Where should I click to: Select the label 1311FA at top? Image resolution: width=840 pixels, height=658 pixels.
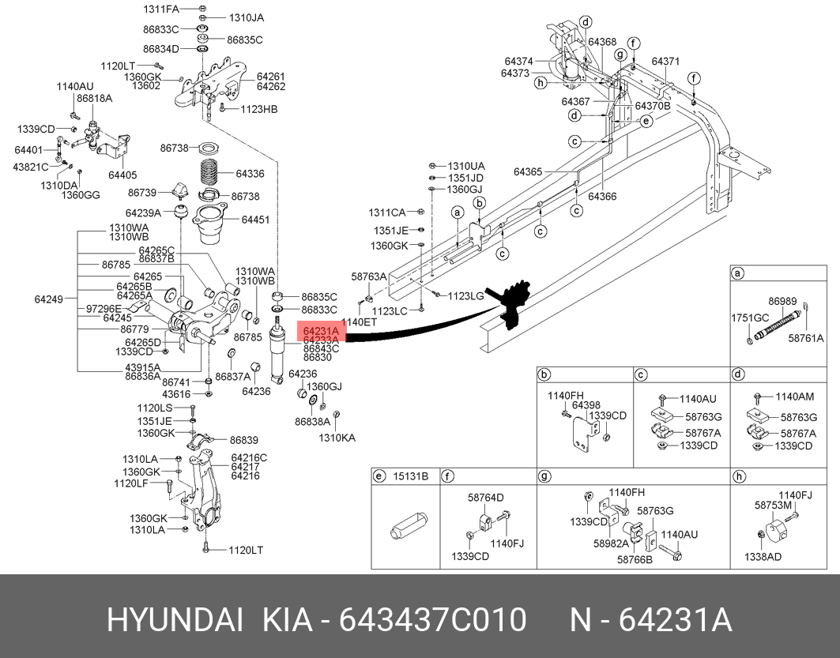click(x=161, y=9)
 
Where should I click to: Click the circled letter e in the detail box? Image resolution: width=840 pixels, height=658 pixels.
click(x=379, y=476)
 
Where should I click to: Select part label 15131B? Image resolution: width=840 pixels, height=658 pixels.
click(x=411, y=476)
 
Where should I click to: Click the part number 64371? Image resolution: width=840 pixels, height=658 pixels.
click(x=665, y=61)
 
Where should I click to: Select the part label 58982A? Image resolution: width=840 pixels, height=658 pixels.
click(x=612, y=543)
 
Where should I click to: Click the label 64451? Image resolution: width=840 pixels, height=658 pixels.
click(x=255, y=220)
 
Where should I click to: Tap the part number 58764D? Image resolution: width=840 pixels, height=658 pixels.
click(x=486, y=498)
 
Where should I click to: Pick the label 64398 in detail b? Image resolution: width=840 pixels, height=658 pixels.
click(x=586, y=405)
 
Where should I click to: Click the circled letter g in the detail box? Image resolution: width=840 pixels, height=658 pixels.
click(x=544, y=476)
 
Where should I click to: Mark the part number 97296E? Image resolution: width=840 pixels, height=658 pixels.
click(x=104, y=308)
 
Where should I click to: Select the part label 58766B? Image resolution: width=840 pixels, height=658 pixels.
click(x=635, y=559)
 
